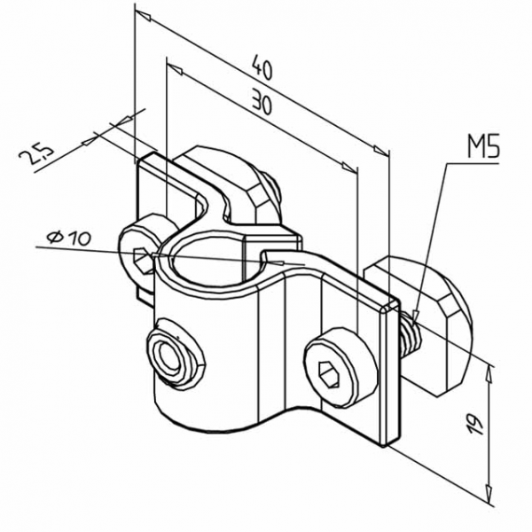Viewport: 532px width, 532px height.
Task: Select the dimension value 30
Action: (x=260, y=103)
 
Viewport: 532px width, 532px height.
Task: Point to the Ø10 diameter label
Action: (x=66, y=238)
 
